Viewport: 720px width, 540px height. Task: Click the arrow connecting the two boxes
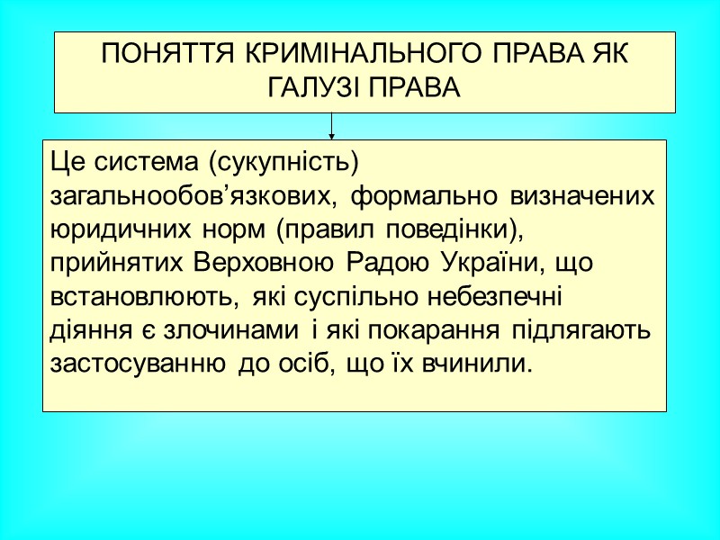click(x=332, y=125)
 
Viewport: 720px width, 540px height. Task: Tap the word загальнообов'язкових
click(x=195, y=196)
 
